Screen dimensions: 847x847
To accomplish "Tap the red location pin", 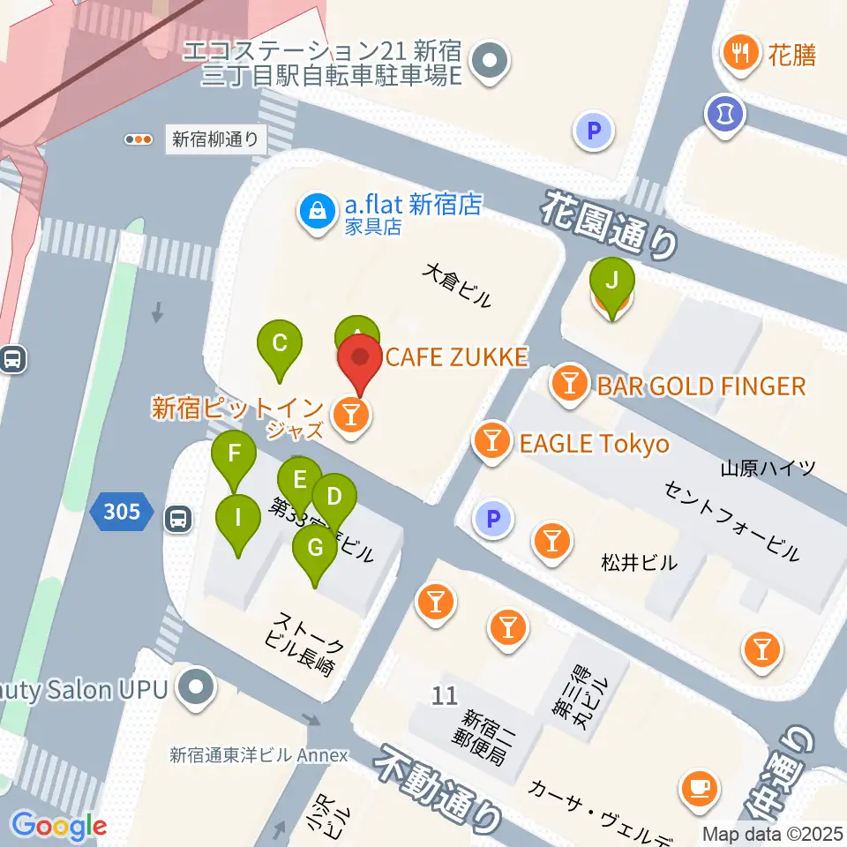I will [361, 364].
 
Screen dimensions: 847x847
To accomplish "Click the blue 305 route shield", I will [121, 512].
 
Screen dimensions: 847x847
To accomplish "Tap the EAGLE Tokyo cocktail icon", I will [492, 442].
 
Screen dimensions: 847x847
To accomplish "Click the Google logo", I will [58, 827].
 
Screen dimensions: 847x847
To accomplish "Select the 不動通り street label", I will [438, 786].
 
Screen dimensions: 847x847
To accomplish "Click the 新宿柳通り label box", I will [215, 139].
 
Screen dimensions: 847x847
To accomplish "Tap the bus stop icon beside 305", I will [178, 519].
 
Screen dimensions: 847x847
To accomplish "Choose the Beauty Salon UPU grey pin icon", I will [196, 688].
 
